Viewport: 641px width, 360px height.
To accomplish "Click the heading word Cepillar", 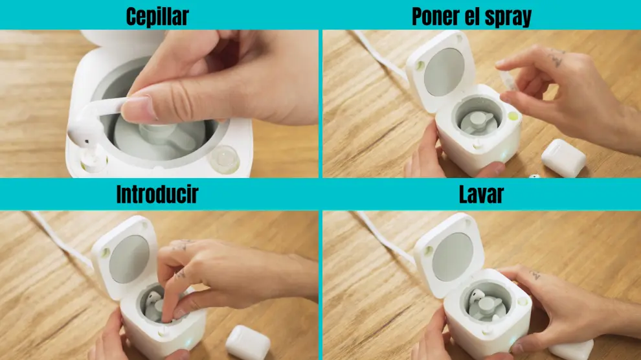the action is [x=157, y=17].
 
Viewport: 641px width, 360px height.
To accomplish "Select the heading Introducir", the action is [x=157, y=194].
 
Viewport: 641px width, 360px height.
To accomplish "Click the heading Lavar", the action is [x=481, y=194].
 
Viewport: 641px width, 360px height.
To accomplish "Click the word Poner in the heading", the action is [x=435, y=16].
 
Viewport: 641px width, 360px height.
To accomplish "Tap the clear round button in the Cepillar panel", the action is [x=224, y=159].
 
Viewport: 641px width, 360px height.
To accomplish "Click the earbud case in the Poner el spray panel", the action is [x=564, y=158].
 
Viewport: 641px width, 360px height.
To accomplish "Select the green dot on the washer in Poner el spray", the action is [x=513, y=117].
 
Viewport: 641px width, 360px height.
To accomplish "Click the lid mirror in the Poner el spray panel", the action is [x=444, y=72].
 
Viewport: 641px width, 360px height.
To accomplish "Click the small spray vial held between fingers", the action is [x=508, y=80].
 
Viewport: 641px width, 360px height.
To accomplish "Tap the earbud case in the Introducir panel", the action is [x=247, y=343].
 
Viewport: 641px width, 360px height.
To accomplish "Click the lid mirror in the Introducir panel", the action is [x=129, y=259].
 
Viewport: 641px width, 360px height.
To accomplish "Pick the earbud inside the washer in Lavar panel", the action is [x=477, y=297].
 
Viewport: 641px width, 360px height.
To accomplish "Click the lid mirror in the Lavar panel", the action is [x=453, y=257].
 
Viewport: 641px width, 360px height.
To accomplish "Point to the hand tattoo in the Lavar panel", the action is [x=535, y=275].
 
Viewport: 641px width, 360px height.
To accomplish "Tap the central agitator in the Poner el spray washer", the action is [x=477, y=122].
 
